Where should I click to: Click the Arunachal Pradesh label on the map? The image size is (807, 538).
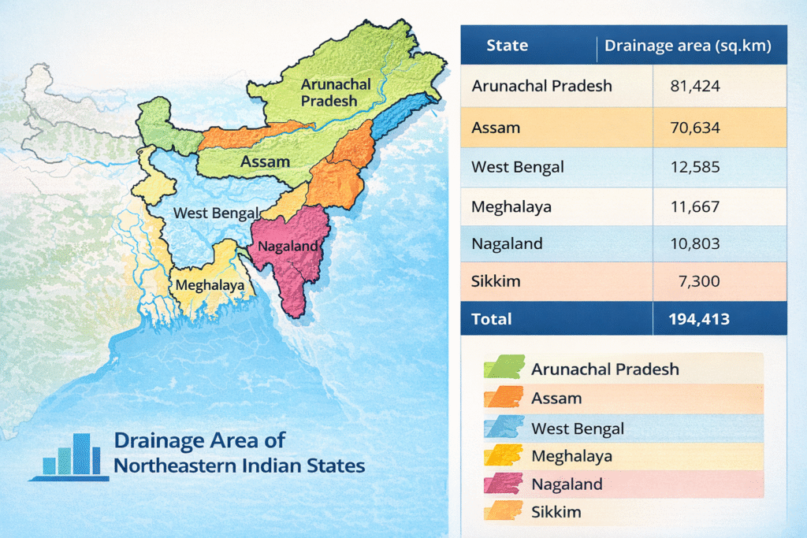(x=329, y=93)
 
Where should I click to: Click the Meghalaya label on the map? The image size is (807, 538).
(x=210, y=285)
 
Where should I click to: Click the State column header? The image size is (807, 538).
(x=507, y=46)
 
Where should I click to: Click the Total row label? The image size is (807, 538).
(x=491, y=319)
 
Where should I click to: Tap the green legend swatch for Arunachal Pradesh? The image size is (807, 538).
(x=501, y=368)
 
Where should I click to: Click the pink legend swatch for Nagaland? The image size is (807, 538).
(x=501, y=484)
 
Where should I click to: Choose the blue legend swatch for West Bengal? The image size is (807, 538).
(x=501, y=428)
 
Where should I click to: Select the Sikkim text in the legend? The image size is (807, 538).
(x=556, y=512)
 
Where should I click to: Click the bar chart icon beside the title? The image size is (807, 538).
(x=72, y=456)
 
